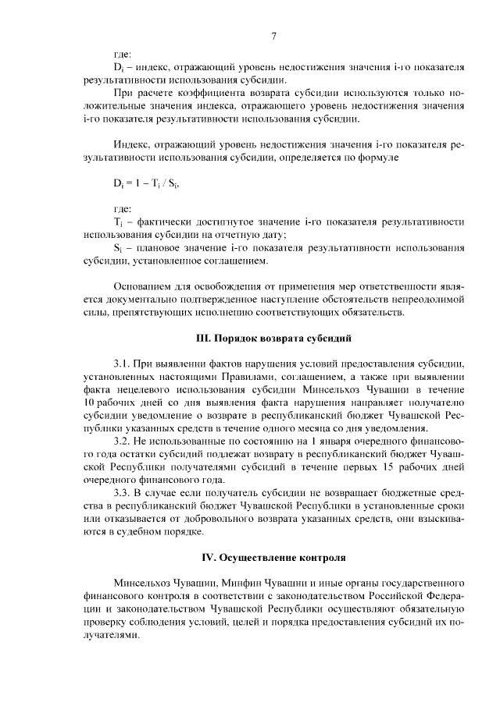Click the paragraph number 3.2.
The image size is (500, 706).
123,442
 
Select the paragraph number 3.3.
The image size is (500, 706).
123,494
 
